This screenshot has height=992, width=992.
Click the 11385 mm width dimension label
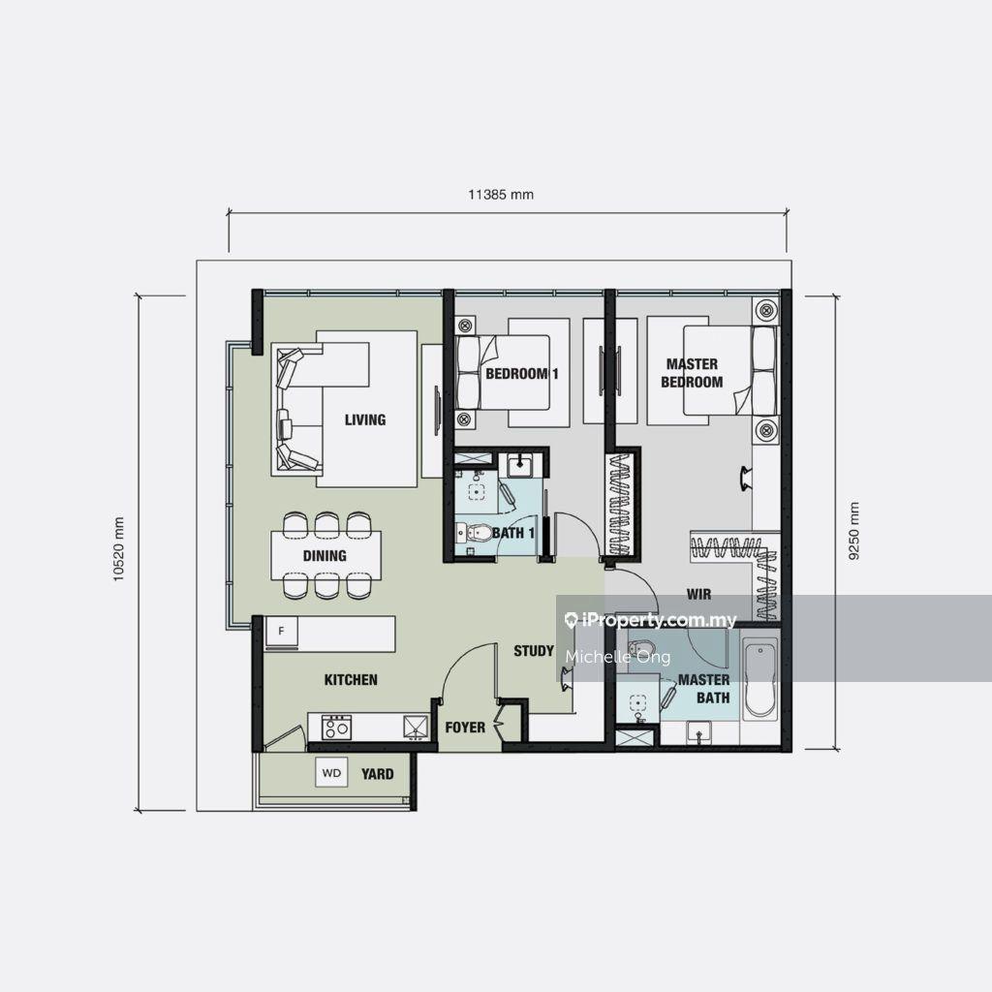click(x=501, y=194)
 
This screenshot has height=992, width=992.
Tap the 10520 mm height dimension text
click(x=119, y=549)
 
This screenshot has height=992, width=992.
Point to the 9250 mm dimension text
click(x=854, y=532)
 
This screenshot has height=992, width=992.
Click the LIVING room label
click(x=365, y=419)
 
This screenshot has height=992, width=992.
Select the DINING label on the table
click(x=325, y=556)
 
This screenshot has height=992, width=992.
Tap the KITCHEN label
click(x=351, y=680)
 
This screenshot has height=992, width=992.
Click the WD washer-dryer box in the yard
click(x=331, y=772)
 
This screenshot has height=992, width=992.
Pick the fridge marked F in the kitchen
click(x=282, y=632)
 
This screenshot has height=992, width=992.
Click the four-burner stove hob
click(x=336, y=727)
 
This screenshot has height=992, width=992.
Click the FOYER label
click(x=465, y=728)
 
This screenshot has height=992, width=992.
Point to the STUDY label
click(x=534, y=651)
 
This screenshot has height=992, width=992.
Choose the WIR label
click(x=698, y=594)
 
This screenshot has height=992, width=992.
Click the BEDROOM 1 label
click(x=522, y=374)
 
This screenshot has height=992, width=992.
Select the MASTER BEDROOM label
click(x=692, y=373)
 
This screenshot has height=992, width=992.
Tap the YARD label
click(x=377, y=774)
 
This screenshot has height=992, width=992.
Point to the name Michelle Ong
click(x=617, y=657)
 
